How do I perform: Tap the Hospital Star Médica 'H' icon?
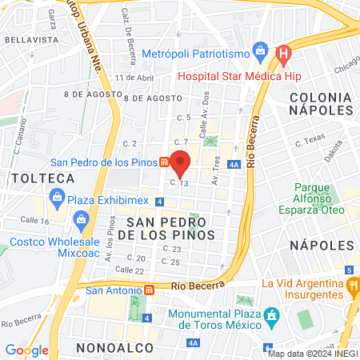click(282, 55)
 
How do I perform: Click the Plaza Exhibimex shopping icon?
click(57, 196)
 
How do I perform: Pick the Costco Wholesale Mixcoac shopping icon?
click(81, 218)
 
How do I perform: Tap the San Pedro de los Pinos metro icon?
click(164, 162)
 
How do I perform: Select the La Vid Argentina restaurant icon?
click(352, 285)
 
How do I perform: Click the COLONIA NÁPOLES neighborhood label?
click(320, 105)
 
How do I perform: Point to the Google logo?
click(26, 350)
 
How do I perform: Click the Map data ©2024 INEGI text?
click(312, 354)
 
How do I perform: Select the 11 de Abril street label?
click(134, 78)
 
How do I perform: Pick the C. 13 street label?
click(178, 183)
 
